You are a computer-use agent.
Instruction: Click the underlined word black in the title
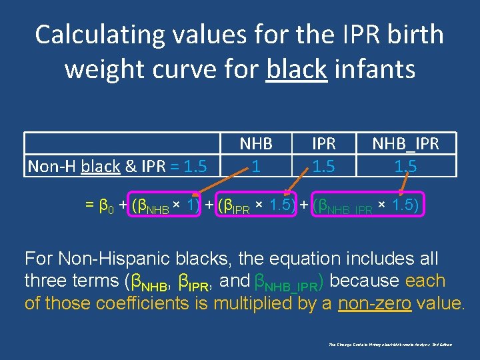(296, 69)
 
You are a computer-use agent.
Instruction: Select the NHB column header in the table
(256, 143)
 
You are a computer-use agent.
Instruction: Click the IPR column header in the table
(323, 143)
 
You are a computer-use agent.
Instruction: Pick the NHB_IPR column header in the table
(405, 143)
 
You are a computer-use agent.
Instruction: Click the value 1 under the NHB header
(256, 165)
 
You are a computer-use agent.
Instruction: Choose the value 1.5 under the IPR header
(323, 165)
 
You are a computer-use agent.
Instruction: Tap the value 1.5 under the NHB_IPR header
(405, 165)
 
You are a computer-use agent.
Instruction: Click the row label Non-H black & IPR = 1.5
(117, 165)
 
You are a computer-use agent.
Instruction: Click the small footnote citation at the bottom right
(390, 344)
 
